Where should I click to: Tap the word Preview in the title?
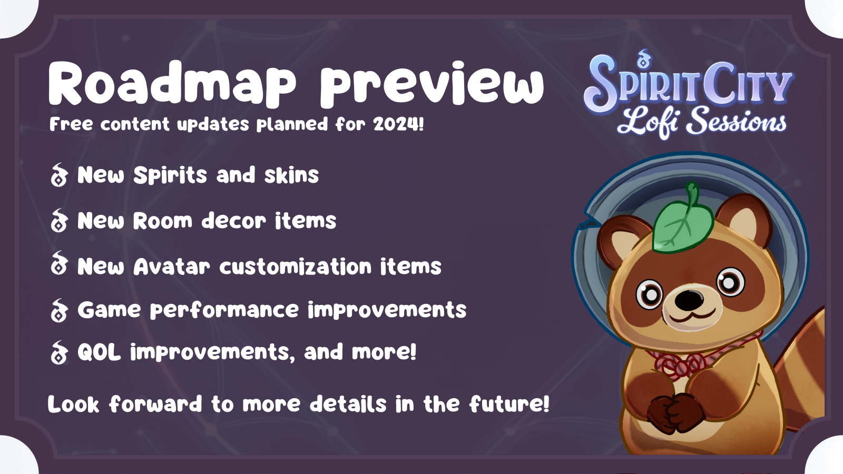[432, 83]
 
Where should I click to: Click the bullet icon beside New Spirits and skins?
[58, 175]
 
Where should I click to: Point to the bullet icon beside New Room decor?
[58, 221]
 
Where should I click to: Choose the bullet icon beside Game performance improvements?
[58, 310]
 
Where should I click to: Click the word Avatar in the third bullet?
[172, 266]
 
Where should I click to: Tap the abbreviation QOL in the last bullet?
[100, 352]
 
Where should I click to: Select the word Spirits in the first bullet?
[170, 175]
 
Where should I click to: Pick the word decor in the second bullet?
[234, 221]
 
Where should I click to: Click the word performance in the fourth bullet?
[224, 311]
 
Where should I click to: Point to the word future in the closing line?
[509, 404]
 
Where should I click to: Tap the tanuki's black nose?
[689, 299]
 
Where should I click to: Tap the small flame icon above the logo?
[643, 58]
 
